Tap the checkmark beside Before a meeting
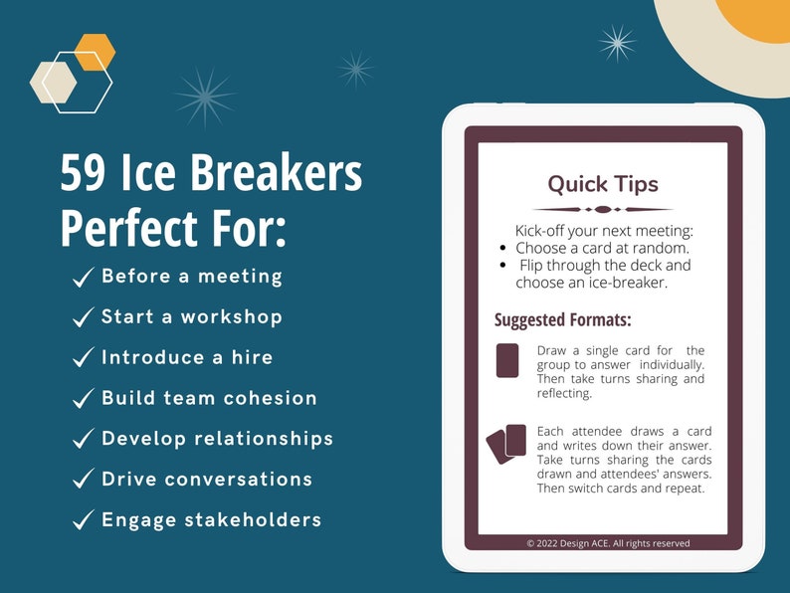coord(84,278)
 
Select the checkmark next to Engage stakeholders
coord(84,521)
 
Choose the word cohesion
coord(270,398)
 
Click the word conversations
coord(238,480)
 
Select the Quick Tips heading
coord(603,184)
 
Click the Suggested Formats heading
coord(563,320)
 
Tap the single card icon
coord(507,360)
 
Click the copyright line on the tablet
coord(608,543)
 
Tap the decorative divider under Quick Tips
coord(603,209)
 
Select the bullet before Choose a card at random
coord(504,248)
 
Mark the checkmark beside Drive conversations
coord(84,481)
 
